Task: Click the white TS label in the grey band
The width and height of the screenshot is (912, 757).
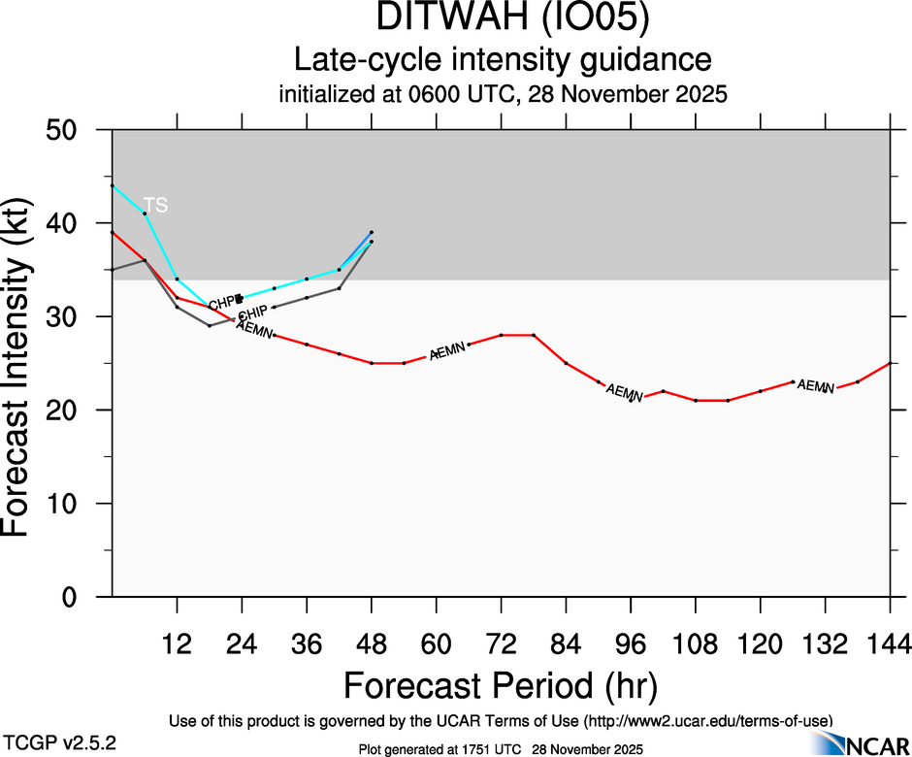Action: click(x=155, y=205)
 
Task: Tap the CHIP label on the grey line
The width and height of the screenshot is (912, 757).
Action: click(x=252, y=313)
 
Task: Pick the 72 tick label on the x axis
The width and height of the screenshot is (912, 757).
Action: click(x=501, y=643)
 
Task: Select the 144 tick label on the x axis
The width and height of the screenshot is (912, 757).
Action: click(x=890, y=643)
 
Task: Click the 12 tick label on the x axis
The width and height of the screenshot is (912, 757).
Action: click(x=177, y=643)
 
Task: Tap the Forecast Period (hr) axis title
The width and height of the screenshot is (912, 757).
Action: click(x=501, y=686)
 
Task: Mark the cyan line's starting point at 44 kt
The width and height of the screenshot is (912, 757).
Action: click(x=113, y=185)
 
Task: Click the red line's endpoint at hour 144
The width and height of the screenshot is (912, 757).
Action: click(x=890, y=363)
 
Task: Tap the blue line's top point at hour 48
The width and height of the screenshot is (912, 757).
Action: click(x=372, y=232)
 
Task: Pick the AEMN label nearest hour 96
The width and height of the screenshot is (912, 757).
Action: click(x=624, y=393)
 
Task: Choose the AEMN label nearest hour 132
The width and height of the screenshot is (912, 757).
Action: click(x=815, y=386)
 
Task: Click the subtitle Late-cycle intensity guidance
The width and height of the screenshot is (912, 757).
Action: click(x=503, y=60)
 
